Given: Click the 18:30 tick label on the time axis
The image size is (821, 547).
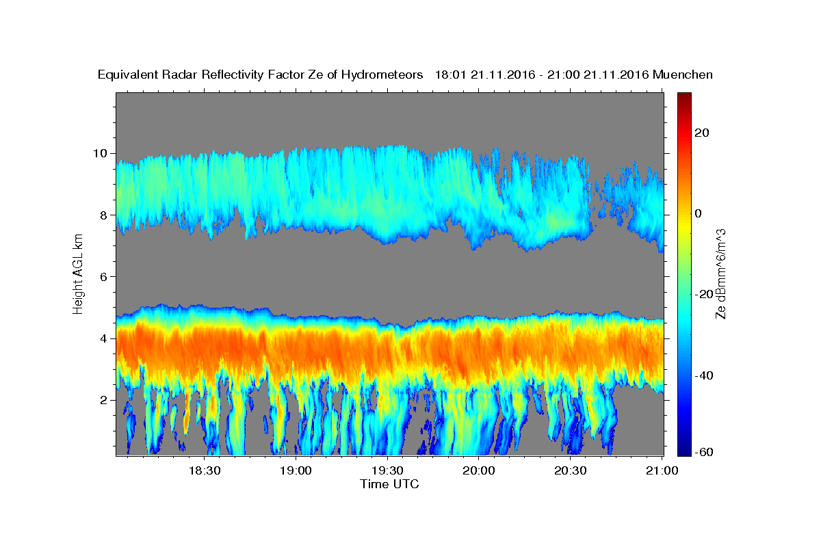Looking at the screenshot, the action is coord(205,470).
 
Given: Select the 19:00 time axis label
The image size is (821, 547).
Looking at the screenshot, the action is coord(296,470).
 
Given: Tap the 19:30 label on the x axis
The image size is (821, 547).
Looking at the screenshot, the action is coord(387,470).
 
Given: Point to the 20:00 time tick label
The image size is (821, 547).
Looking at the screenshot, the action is coord(479,470).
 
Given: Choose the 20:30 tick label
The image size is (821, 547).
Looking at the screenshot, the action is coord(571,470).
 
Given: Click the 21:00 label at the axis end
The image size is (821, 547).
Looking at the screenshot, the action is coord(662,470).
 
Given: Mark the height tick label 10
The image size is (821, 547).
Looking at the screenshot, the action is coord(100,153).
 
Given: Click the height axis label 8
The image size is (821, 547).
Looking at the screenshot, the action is coord(104,215).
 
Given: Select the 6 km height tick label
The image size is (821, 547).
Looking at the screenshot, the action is coord(104,277).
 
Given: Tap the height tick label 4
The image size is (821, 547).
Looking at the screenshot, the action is coord(104,338).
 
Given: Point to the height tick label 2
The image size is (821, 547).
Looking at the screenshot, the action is coord(104,400).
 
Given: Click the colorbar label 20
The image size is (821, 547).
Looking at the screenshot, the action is coord(702,133).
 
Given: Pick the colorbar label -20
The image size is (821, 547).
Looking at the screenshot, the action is coord(704,294).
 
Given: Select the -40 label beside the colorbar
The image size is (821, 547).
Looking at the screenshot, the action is coord(704,375).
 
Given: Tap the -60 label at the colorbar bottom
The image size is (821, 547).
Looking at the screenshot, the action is coord(704,452).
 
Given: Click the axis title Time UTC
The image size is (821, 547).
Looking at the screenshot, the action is coord(389,484).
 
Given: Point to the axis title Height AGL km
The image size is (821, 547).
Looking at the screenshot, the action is coord(78,274).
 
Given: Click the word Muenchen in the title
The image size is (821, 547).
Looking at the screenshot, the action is coord(683,75).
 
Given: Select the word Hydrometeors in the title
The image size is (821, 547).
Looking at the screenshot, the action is coord(382,75).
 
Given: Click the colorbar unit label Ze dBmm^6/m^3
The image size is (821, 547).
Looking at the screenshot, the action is coord(720,274).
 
